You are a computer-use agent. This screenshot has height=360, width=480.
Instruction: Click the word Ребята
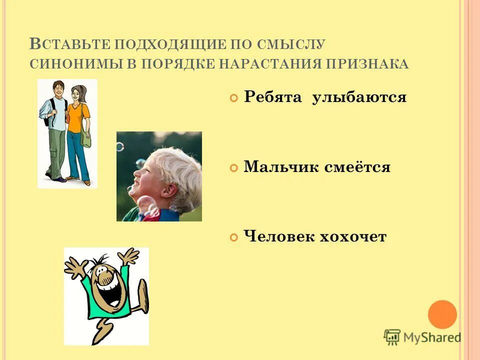point(273,97)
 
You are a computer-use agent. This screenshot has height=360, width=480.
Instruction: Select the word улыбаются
point(359,97)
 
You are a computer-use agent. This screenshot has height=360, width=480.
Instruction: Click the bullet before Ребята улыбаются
point(233,99)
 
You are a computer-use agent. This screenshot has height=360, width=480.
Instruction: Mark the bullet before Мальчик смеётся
point(233,168)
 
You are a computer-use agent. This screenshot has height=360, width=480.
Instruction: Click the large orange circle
point(442,314)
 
